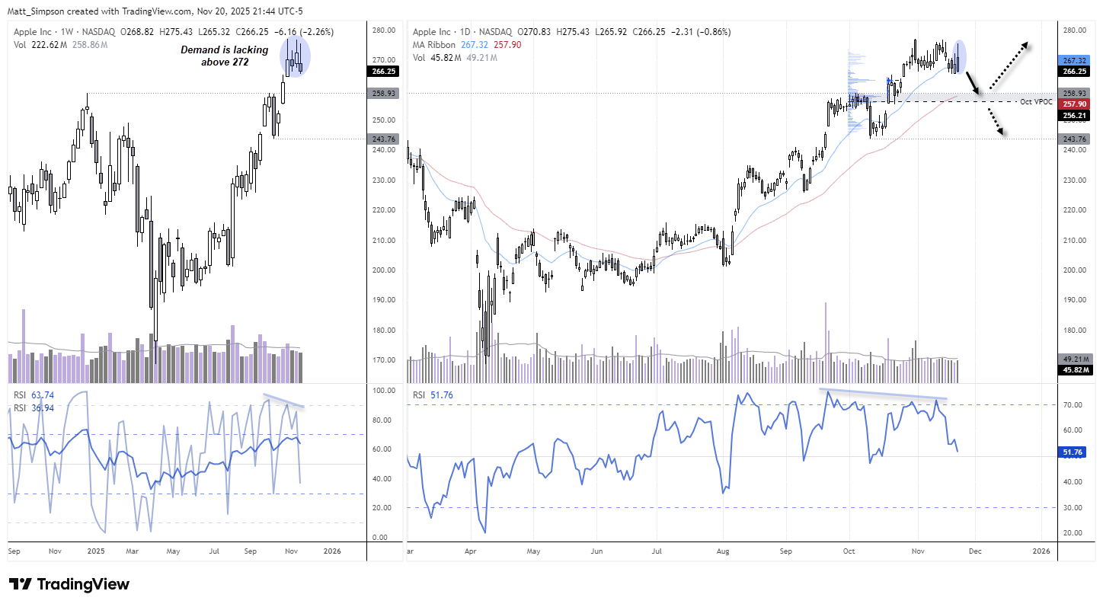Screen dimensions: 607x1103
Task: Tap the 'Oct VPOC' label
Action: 1036,101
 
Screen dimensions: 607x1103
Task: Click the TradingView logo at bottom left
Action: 69,584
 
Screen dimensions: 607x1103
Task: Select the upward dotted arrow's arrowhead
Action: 1025,45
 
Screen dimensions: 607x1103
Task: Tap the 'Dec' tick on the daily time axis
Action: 976,550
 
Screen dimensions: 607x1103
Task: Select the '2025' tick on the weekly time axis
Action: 95,550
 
